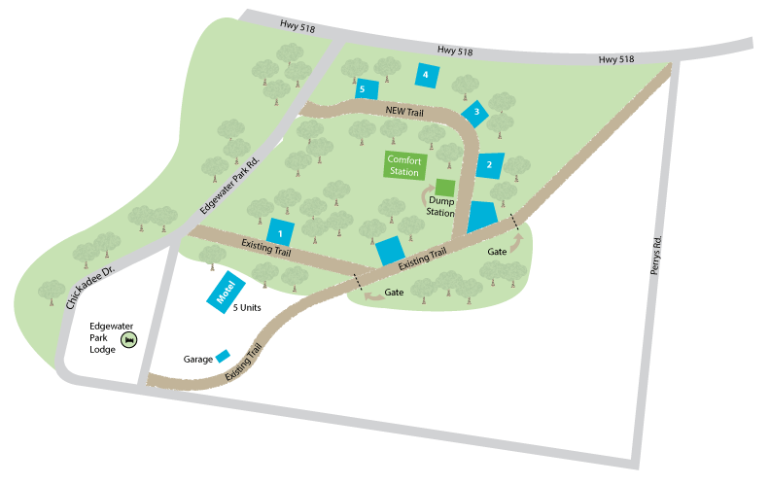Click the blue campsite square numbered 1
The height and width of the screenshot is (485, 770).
click(x=280, y=233)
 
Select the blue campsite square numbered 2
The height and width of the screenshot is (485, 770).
click(x=490, y=164)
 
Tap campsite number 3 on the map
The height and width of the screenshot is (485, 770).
click(x=475, y=113)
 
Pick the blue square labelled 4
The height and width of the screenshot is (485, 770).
click(x=426, y=74)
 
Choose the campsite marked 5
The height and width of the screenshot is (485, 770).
click(x=366, y=88)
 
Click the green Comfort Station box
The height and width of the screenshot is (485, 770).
click(x=404, y=165)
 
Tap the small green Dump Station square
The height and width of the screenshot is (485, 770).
click(x=444, y=187)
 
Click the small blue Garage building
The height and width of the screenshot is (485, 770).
click(x=223, y=356)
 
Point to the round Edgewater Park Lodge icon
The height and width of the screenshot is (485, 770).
click(x=128, y=339)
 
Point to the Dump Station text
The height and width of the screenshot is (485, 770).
click(x=439, y=206)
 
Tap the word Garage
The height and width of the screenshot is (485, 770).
click(x=197, y=359)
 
